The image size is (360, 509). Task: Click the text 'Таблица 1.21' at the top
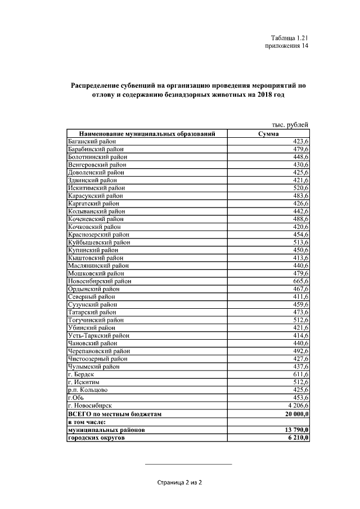click(289, 38)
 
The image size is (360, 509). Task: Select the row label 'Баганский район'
click(91, 141)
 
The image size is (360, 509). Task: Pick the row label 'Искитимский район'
click(96, 188)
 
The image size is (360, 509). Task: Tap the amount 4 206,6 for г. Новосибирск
click(296, 405)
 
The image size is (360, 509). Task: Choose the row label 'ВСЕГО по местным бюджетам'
click(115, 413)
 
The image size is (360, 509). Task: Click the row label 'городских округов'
click(96, 437)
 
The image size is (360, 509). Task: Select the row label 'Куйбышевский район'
click(98, 242)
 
